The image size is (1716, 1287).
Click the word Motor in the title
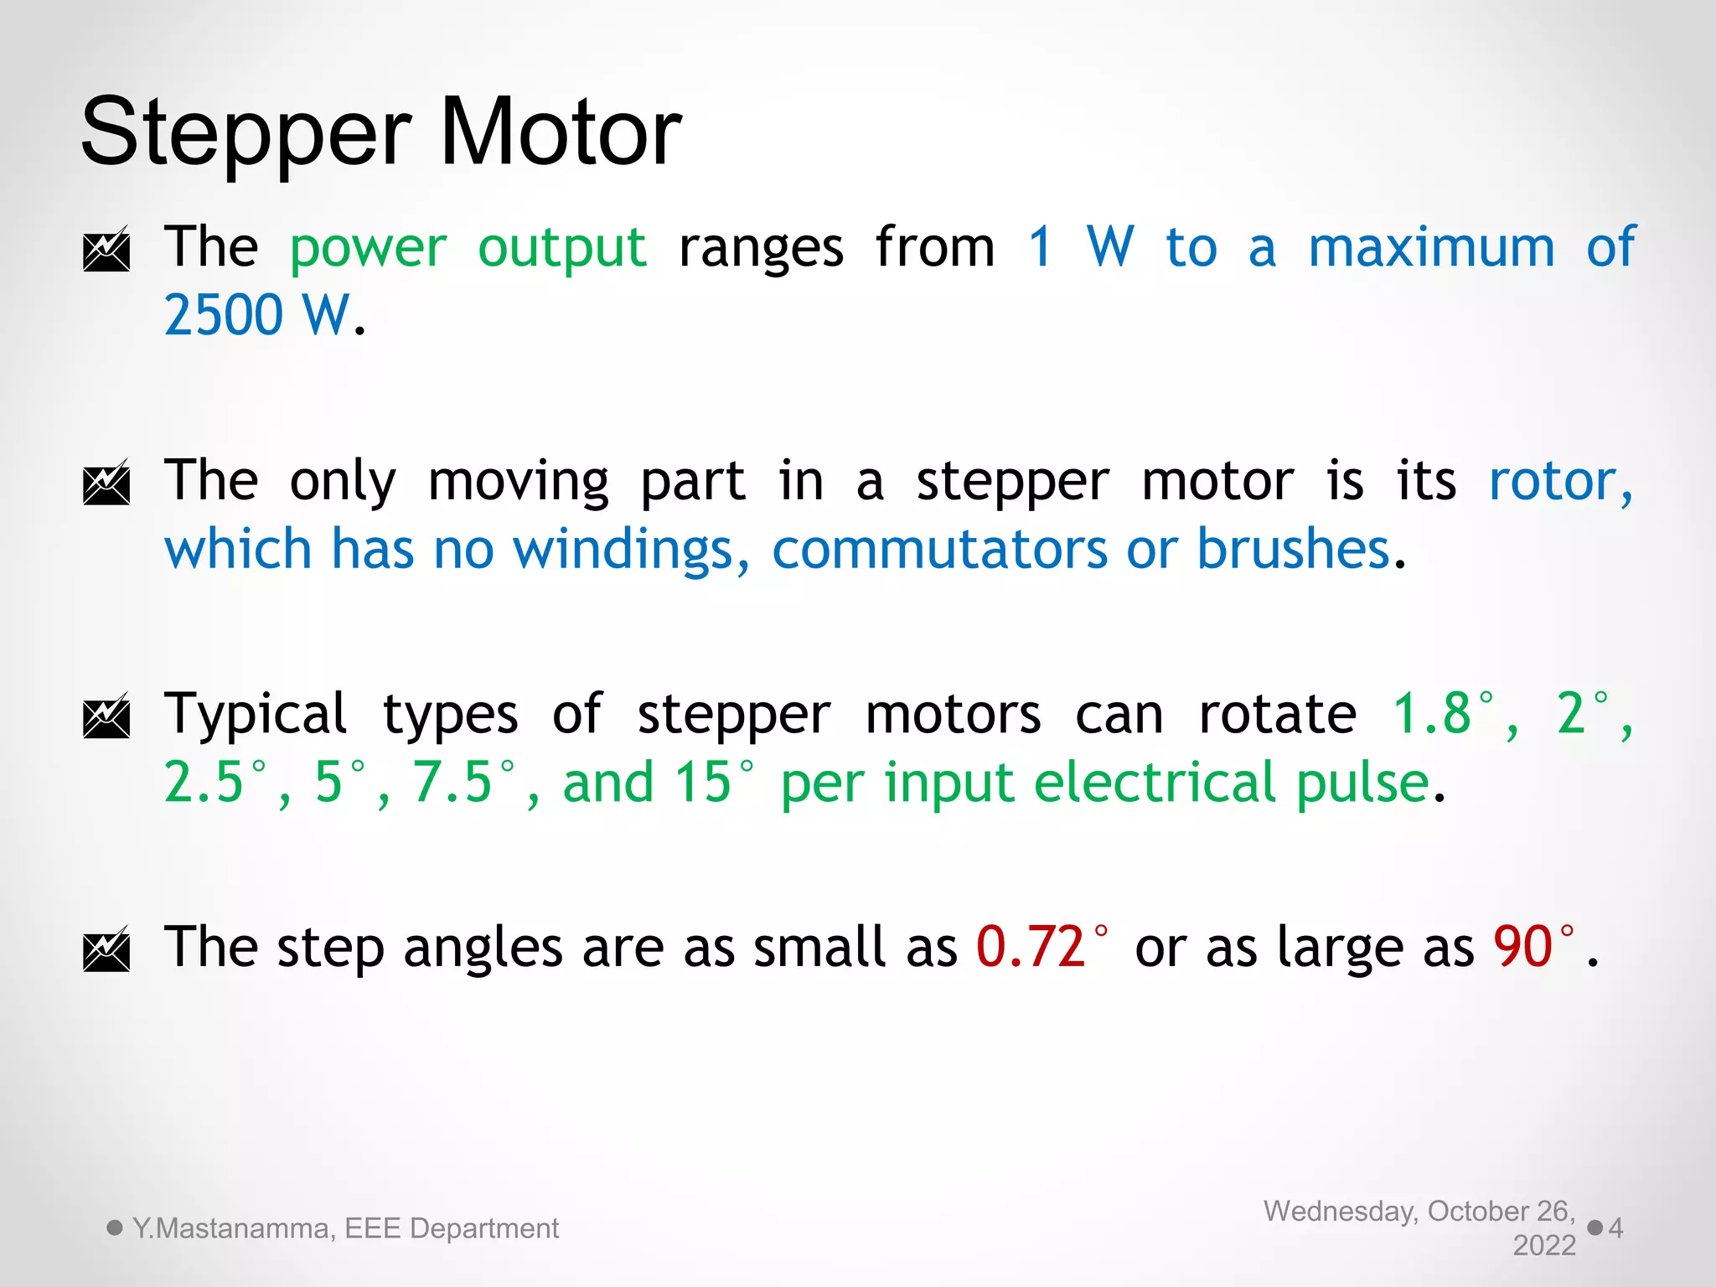560,132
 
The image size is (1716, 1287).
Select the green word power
368,249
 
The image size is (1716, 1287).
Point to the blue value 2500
224,315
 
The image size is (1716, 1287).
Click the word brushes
1293,550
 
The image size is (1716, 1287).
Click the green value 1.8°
1441,714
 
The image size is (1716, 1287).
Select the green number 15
704,782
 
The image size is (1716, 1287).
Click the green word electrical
1156,782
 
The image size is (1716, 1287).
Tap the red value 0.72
1031,948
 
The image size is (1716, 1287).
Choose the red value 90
1522,948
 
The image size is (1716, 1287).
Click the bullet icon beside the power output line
106,249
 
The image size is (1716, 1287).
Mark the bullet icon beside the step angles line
106,948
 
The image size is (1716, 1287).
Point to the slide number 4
1615,1228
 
